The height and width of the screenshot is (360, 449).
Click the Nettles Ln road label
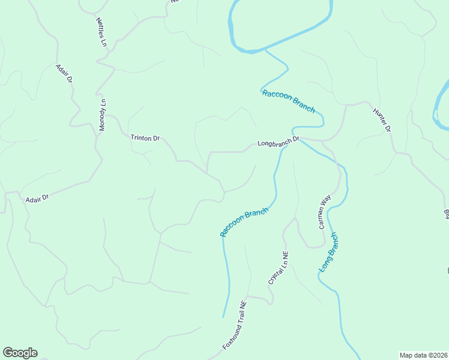(101, 32)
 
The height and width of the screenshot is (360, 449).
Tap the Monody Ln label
(103, 115)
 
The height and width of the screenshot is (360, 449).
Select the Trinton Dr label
(145, 138)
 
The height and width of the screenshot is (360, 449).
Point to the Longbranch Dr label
(278, 142)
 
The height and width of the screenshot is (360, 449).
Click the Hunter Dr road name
(382, 120)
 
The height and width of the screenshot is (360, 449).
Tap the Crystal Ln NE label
(279, 267)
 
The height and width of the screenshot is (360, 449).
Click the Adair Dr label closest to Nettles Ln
(65, 74)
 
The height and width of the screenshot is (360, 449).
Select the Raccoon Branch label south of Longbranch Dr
(244, 223)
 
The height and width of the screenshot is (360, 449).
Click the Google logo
(20, 353)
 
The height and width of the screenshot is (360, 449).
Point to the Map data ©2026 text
(424, 355)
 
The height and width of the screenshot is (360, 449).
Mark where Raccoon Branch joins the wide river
(264, 50)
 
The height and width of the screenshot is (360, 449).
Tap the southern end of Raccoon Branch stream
(224, 317)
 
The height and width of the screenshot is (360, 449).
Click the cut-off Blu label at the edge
(446, 214)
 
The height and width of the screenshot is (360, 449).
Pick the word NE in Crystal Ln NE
(285, 256)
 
